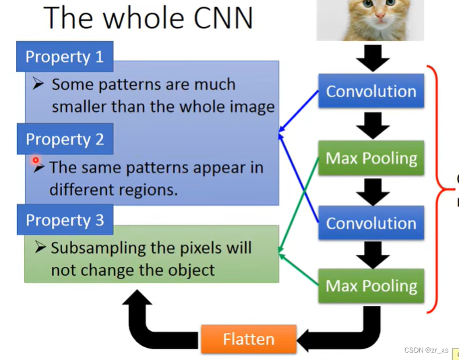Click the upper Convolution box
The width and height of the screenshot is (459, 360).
tap(371, 92)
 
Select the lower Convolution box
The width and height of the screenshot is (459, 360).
tap(371, 224)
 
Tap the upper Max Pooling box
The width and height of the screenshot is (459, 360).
tap(371, 158)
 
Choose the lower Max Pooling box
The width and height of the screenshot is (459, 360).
tap(371, 286)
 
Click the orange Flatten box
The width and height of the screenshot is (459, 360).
tap(249, 338)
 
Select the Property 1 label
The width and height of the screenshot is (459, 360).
tap(65, 57)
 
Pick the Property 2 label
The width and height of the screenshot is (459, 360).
tap(65, 140)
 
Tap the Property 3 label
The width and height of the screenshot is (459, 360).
tap(65, 220)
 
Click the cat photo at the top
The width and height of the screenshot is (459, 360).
tap(370, 19)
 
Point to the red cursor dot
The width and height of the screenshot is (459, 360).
tap(36, 161)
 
